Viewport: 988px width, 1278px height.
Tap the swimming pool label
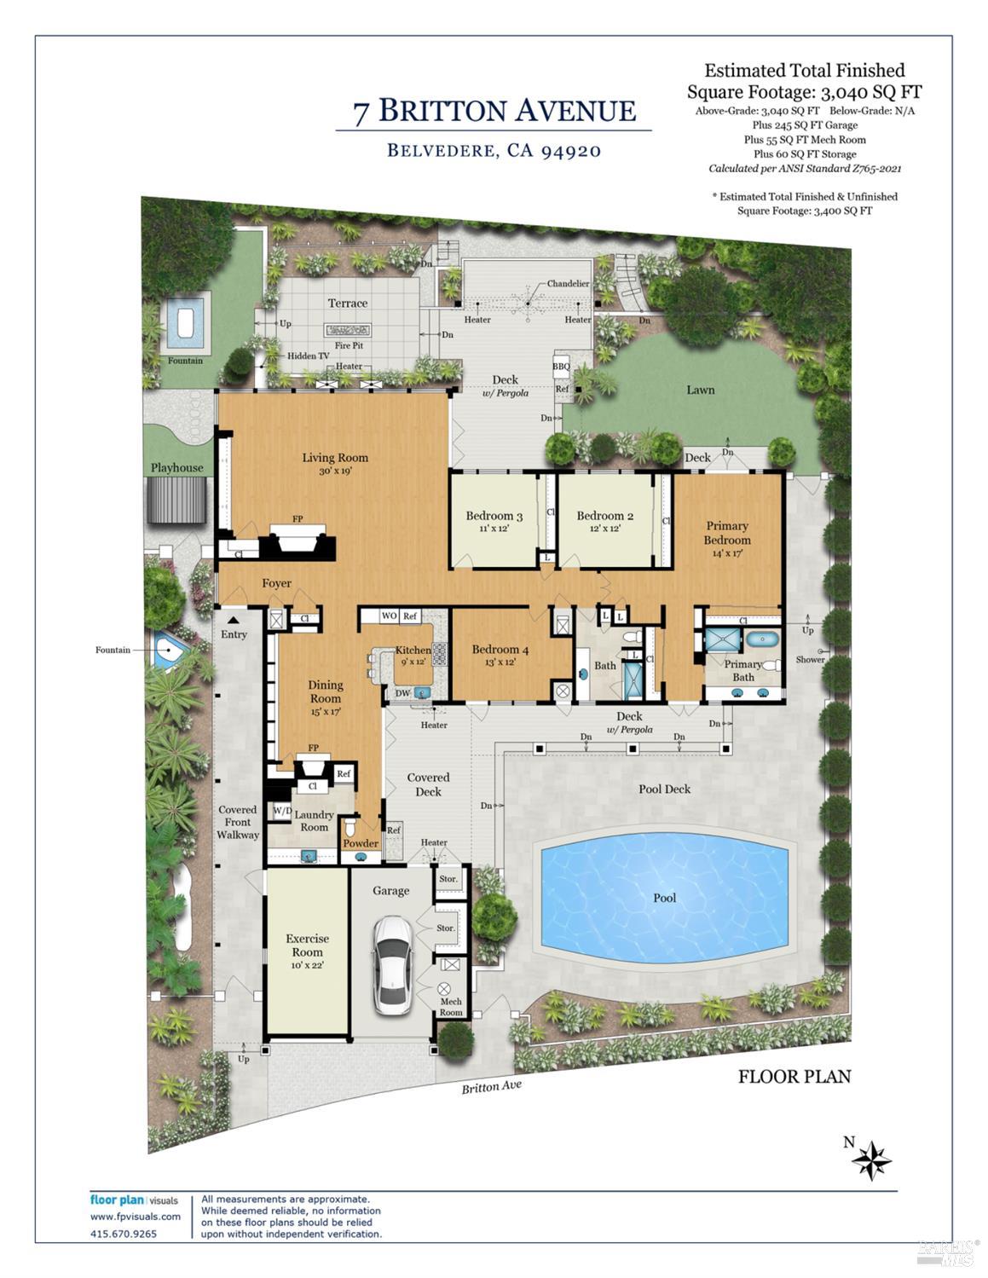click(664, 898)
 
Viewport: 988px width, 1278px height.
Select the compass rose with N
click(870, 1159)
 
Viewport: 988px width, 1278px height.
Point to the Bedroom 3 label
click(494, 516)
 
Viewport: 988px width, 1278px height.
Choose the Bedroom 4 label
click(500, 650)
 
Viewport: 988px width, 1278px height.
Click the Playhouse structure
click(177, 500)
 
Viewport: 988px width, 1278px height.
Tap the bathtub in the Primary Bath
click(761, 639)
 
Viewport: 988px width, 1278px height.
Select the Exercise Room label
click(307, 945)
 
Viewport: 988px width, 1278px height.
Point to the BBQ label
click(561, 367)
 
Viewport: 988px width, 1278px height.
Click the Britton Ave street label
click(491, 1087)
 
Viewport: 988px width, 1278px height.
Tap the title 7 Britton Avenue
click(494, 111)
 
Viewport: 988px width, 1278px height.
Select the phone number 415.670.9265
click(124, 1234)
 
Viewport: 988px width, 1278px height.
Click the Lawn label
click(701, 390)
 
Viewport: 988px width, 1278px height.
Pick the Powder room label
click(361, 843)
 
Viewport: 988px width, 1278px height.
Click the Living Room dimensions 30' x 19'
click(335, 470)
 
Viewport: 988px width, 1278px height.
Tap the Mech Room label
click(451, 1007)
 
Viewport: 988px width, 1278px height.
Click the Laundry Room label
click(314, 821)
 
